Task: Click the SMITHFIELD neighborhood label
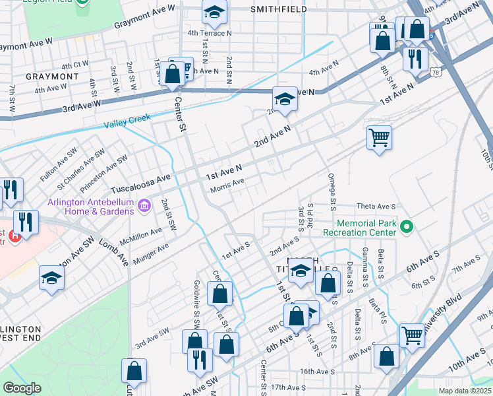(x=279, y=9)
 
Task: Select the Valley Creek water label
(x=128, y=121)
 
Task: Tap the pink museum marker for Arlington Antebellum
(x=144, y=209)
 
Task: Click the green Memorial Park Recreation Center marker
(x=407, y=228)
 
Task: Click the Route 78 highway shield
(x=419, y=71)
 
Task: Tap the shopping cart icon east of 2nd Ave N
(x=379, y=138)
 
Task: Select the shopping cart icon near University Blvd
(x=412, y=335)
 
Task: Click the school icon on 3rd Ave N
(x=284, y=99)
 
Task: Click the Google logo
(x=22, y=388)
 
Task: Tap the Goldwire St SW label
(x=196, y=306)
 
